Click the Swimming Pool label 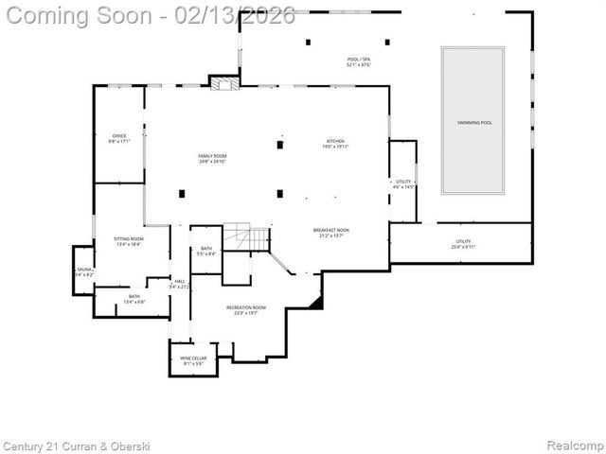pyautogui.click(x=474, y=122)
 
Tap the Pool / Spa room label pyautogui.click(x=360, y=61)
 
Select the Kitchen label pyautogui.click(x=336, y=143)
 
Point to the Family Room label pyautogui.click(x=212, y=158)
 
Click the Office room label pyautogui.click(x=119, y=138)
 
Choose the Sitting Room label pyautogui.click(x=128, y=242)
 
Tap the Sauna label pyautogui.click(x=84, y=271)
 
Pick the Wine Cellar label pyautogui.click(x=193, y=361)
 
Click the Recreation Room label pyautogui.click(x=245, y=310)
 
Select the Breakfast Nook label pyautogui.click(x=331, y=233)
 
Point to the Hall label pyautogui.click(x=179, y=283)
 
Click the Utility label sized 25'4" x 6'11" pyautogui.click(x=463, y=244)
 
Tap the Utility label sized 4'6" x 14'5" pyautogui.click(x=404, y=183)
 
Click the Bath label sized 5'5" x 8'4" pyautogui.click(x=206, y=251)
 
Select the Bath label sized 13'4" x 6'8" pyautogui.click(x=134, y=299)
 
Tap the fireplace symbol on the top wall pyautogui.click(x=223, y=84)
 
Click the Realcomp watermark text pyautogui.click(x=578, y=445)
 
